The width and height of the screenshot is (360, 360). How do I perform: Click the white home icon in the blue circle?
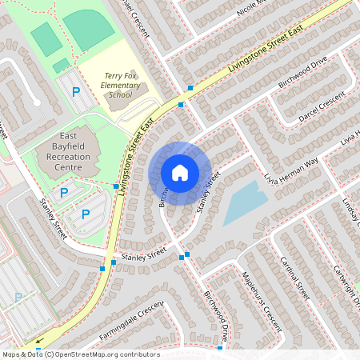pyautogui.click(x=180, y=173)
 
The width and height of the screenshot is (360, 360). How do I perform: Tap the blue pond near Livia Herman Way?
pyautogui.click(x=243, y=202)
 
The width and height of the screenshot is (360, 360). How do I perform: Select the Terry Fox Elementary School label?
pyautogui.click(x=123, y=85)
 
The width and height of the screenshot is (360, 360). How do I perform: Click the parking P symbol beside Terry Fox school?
pyautogui.click(x=76, y=92)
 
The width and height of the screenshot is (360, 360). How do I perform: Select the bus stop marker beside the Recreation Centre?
pyautogui.click(x=117, y=185)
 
